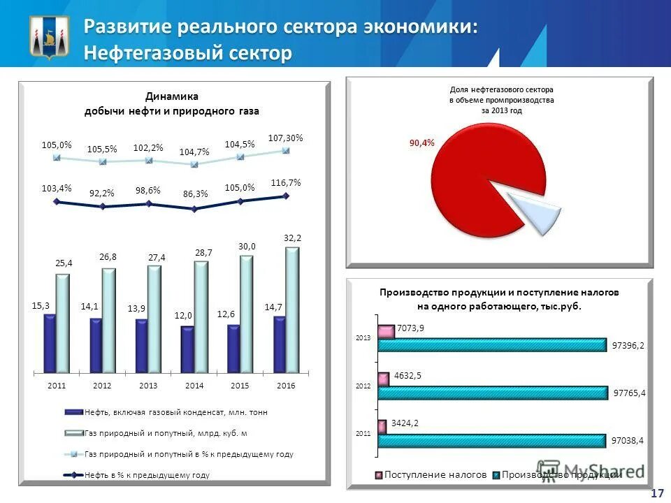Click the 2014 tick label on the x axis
click(x=194, y=386)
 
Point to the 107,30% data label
click(x=285, y=138)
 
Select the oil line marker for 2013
click(x=148, y=203)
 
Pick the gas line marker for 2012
click(x=103, y=162)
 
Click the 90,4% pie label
click(x=421, y=143)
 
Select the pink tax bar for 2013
click(x=386, y=332)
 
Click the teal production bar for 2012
click(x=492, y=393)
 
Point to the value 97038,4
click(x=628, y=441)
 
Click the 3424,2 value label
click(x=406, y=423)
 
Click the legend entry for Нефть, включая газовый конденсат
click(x=175, y=412)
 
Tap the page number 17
click(x=657, y=494)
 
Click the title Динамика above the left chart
click(x=172, y=96)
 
